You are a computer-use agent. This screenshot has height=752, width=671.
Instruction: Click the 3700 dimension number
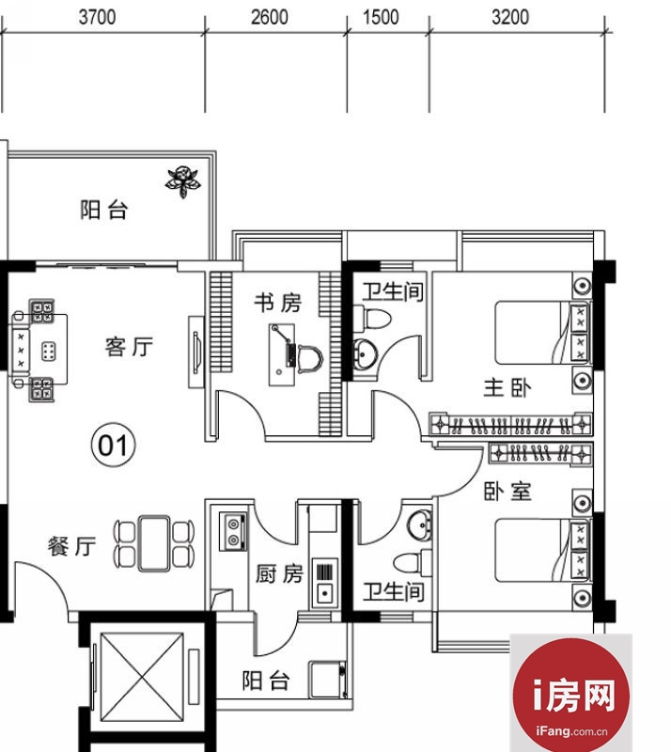[98, 17]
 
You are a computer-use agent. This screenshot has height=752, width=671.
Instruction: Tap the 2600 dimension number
[270, 17]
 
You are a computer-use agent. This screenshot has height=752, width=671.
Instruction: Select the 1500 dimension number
[381, 17]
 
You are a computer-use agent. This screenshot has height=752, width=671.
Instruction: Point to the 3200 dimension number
[510, 17]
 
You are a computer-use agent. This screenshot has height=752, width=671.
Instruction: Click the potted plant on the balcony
[182, 181]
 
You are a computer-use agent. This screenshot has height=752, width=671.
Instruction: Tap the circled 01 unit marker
[113, 445]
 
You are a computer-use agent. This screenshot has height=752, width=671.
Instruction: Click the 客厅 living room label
[129, 346]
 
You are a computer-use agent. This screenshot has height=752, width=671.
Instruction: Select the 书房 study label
[278, 303]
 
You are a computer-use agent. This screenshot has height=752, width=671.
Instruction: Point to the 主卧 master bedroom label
[507, 387]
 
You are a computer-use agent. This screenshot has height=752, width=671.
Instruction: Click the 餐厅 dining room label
[72, 546]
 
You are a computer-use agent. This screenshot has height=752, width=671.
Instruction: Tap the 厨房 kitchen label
[279, 573]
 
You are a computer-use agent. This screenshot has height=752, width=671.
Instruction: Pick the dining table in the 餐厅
[153, 543]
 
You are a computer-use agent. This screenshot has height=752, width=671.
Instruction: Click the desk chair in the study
[310, 358]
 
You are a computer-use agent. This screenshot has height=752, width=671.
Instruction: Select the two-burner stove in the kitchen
[233, 531]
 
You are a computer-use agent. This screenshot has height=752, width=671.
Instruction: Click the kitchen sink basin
[325, 594]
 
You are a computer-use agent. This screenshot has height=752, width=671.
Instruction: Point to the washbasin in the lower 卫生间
[420, 525]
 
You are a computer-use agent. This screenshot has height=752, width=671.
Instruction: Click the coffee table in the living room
[48, 352]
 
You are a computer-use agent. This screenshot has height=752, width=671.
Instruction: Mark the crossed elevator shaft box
[142, 677]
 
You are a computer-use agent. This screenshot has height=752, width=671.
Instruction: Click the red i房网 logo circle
[570, 696]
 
